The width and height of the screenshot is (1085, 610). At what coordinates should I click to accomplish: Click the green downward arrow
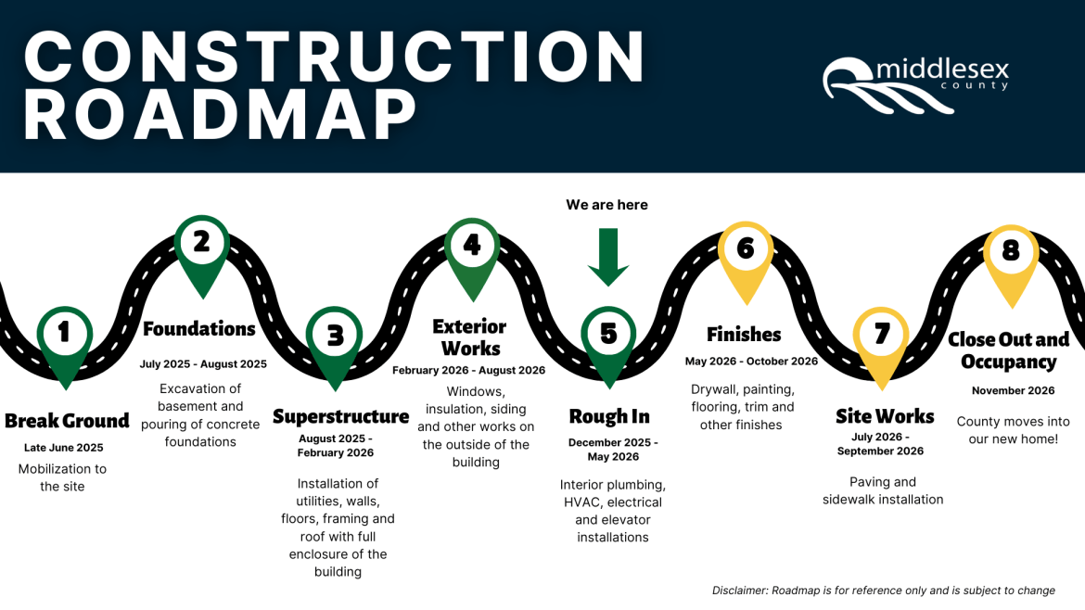point(608,257)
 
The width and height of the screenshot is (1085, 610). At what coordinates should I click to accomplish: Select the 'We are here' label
point(607,205)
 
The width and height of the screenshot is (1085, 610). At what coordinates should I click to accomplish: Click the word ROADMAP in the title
point(221,115)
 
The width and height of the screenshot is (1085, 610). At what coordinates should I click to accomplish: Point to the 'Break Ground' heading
point(67,421)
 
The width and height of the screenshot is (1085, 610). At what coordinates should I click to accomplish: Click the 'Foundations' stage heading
point(199,329)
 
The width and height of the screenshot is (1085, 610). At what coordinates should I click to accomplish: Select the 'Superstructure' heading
point(340,417)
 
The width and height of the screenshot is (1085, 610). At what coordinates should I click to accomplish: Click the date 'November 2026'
point(1013,391)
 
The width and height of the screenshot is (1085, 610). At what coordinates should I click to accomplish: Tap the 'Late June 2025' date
point(64,448)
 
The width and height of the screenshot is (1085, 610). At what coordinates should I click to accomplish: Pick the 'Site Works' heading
point(885,416)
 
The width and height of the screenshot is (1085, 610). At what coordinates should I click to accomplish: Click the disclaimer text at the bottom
point(883,591)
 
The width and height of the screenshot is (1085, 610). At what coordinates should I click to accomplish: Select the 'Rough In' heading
point(609,417)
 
